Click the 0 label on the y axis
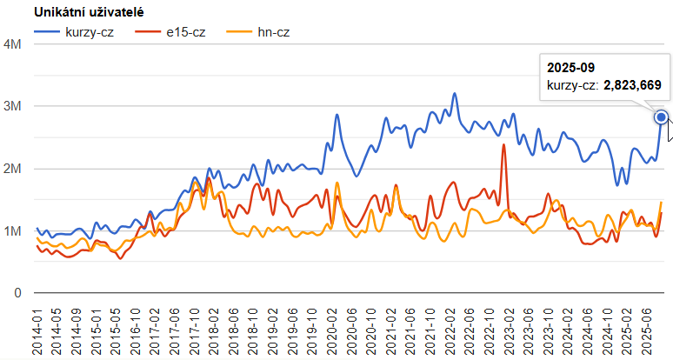pyautogui.click(x=17, y=294)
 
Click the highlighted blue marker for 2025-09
pyautogui.click(x=661, y=117)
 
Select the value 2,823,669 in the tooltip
pyautogui.click(x=632, y=85)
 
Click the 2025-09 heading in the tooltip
pyautogui.click(x=570, y=66)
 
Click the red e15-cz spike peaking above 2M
pyautogui.click(x=503, y=145)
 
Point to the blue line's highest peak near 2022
pyautogui.click(x=455, y=94)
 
